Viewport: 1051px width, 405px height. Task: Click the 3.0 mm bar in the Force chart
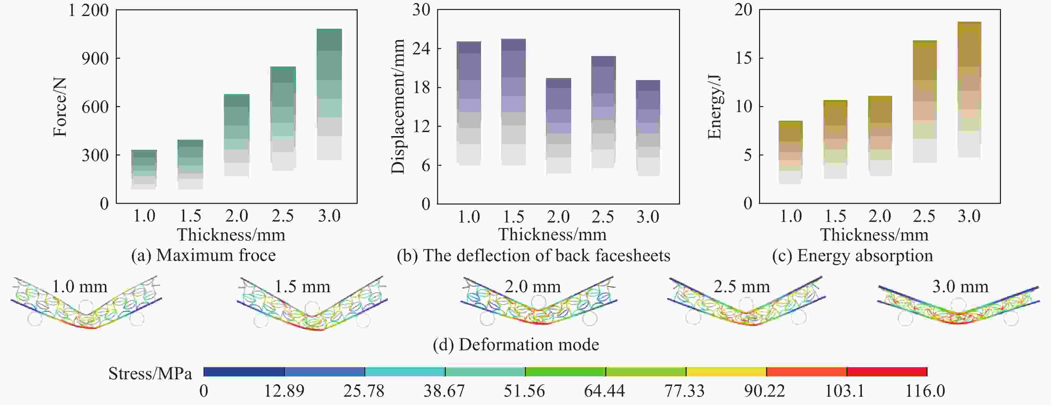click(329, 94)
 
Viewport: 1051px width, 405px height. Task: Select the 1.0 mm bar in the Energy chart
click(790, 152)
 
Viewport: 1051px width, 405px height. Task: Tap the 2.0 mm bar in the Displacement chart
click(558, 126)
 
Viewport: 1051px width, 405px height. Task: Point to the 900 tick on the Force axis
click(95, 58)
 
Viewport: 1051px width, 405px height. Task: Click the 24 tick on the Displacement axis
click(421, 48)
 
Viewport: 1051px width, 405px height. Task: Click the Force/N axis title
click(60, 107)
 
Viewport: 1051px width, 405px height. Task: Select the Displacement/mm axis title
click(398, 106)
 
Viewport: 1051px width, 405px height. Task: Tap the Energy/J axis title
click(714, 107)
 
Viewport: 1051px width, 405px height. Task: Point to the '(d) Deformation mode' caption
click(516, 345)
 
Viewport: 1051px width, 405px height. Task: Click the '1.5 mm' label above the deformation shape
click(302, 287)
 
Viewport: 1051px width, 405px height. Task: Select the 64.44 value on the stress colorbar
click(604, 391)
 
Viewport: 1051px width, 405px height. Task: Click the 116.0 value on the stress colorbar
click(925, 391)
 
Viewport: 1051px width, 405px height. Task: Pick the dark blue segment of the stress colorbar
click(244, 372)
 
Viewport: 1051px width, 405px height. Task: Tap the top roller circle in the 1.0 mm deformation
click(86, 307)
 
